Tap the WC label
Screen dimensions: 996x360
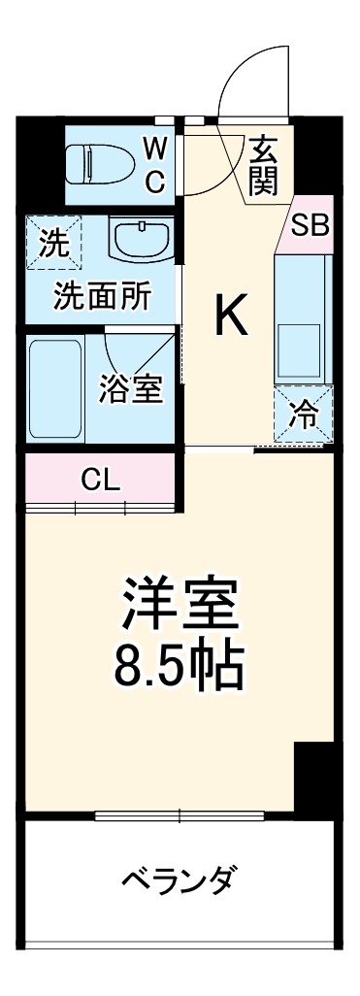point(154,164)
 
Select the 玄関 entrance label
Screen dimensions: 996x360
point(261,165)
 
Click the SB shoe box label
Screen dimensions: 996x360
point(311,225)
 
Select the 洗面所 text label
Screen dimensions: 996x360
point(101,297)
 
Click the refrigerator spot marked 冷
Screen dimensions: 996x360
point(304,415)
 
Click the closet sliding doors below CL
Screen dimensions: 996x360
point(99,508)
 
